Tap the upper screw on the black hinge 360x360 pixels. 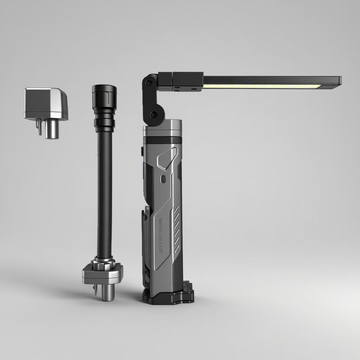click(x=149, y=83)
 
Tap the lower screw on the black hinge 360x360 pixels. click(x=153, y=114)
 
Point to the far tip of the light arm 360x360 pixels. click(x=339, y=80)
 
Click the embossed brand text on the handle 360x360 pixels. click(x=160, y=236)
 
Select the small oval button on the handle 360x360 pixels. click(x=162, y=179)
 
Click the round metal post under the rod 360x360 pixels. click(x=108, y=292)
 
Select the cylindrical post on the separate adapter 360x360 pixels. click(x=51, y=129)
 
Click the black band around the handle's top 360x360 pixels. click(x=162, y=140)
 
